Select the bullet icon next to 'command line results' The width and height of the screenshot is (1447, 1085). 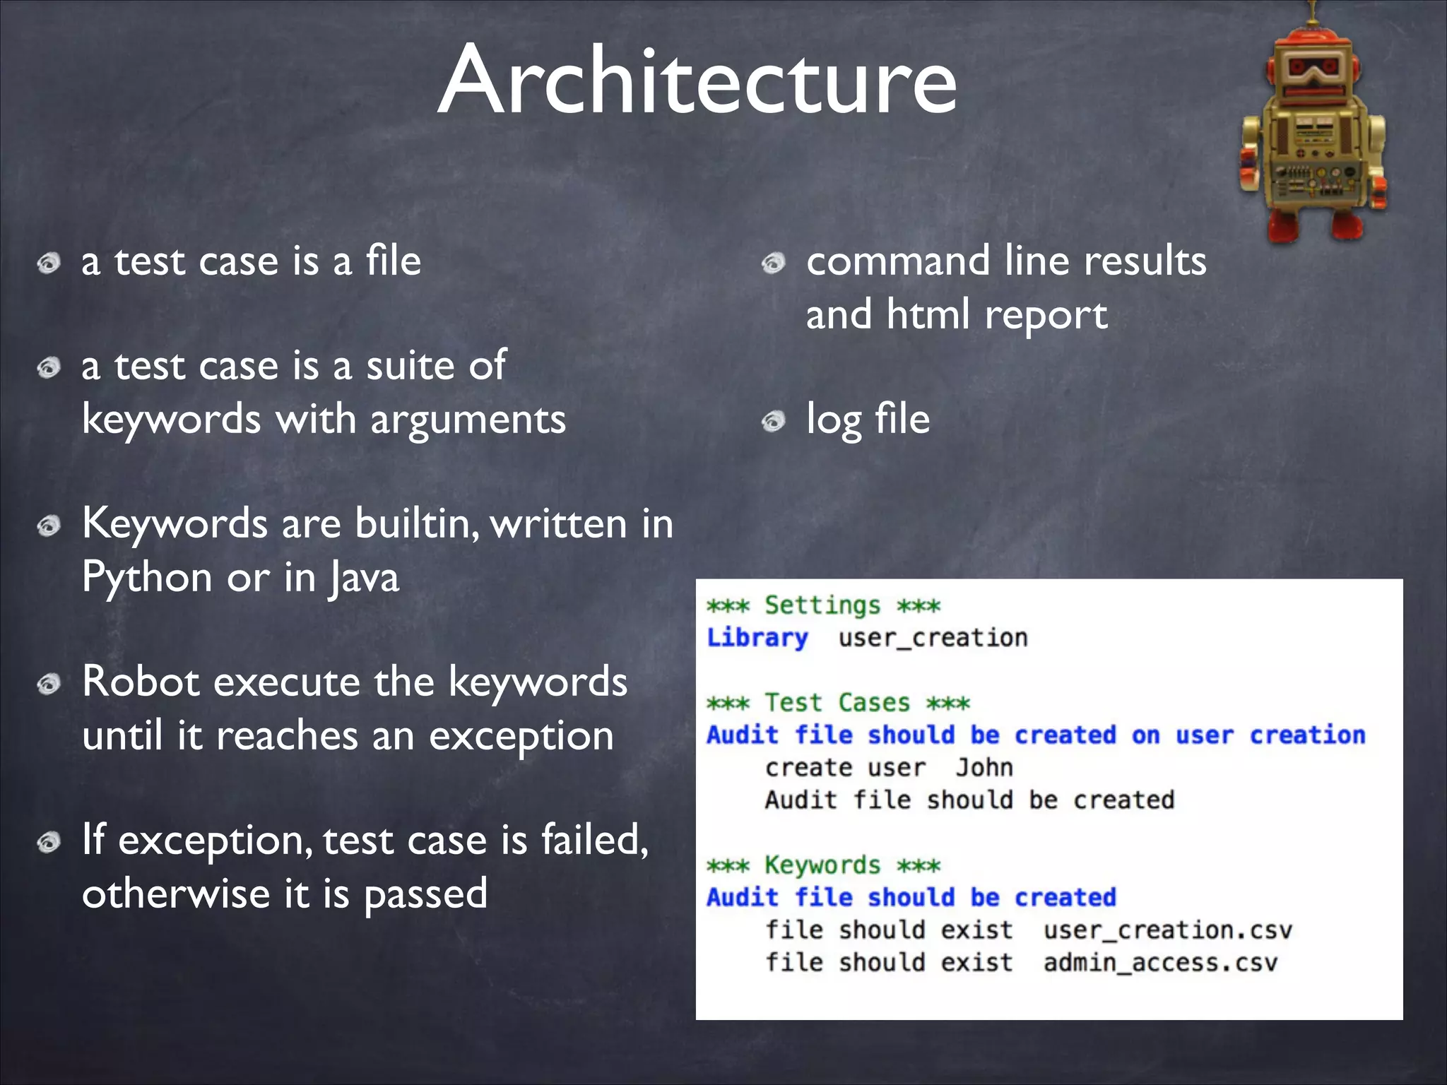click(774, 263)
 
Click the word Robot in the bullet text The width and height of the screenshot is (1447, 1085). click(141, 682)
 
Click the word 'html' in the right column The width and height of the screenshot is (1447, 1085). click(928, 314)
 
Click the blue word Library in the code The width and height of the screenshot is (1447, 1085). click(757, 638)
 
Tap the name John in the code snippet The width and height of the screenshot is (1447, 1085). click(984, 768)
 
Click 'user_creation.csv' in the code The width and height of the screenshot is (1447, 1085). click(1167, 930)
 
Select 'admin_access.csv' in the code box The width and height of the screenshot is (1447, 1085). click(1160, 963)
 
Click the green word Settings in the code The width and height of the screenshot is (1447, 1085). click(822, 606)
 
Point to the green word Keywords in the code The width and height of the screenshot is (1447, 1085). click(822, 865)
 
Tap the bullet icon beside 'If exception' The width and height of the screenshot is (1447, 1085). click(49, 843)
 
